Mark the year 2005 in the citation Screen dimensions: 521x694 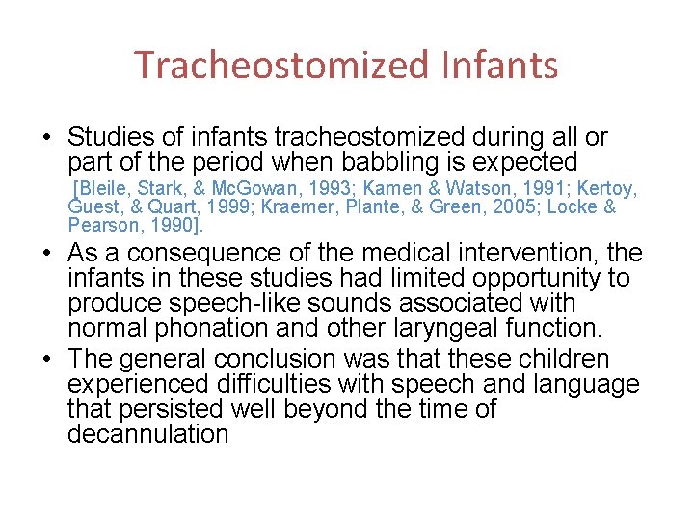515,207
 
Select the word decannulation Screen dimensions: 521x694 147,434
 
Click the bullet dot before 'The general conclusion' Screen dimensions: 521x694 48,359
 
